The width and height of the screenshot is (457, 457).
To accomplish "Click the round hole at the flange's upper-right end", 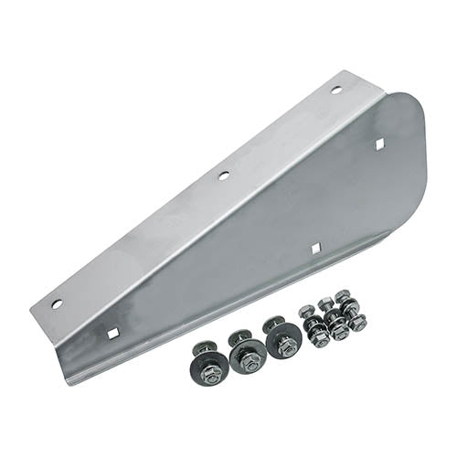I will tap(336, 90).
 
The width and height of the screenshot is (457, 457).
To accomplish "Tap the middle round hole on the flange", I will tap(223, 174).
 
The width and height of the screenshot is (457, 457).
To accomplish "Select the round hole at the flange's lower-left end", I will tap(57, 303).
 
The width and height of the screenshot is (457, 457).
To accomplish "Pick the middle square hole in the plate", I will tap(314, 247).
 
